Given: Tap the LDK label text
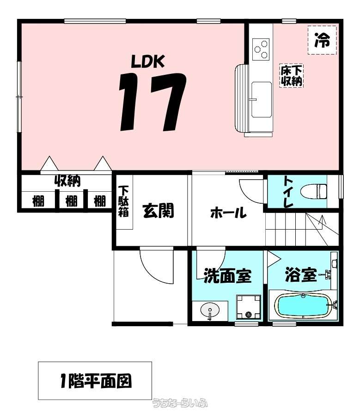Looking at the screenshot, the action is pyautogui.click(x=148, y=61).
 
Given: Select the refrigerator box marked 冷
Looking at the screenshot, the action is pyautogui.click(x=322, y=40).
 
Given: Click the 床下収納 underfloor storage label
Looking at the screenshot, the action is pyautogui.click(x=291, y=76).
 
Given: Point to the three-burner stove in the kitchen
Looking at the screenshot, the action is pyautogui.click(x=261, y=49).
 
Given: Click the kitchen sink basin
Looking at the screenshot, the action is pyautogui.click(x=262, y=99).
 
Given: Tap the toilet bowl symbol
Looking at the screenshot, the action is pyautogui.click(x=314, y=191).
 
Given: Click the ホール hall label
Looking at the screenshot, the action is pyautogui.click(x=228, y=213).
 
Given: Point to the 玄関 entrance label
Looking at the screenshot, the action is pyautogui.click(x=158, y=211).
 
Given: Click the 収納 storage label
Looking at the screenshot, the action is pyautogui.click(x=67, y=181).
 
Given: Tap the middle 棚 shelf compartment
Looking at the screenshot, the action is pyautogui.click(x=71, y=200).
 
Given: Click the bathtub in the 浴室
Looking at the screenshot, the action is pyautogui.click(x=304, y=306).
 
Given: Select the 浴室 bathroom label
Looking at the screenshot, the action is pyautogui.click(x=301, y=274).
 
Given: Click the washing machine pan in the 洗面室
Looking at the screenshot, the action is pyautogui.click(x=248, y=307).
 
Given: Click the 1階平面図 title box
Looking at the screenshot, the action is pyautogui.click(x=95, y=381).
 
